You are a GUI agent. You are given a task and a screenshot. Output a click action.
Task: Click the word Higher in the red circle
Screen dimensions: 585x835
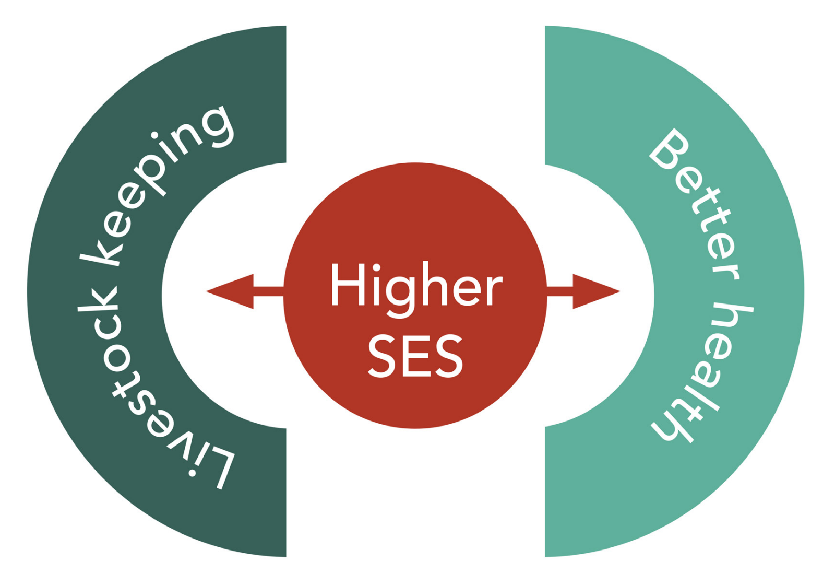[416, 286]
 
